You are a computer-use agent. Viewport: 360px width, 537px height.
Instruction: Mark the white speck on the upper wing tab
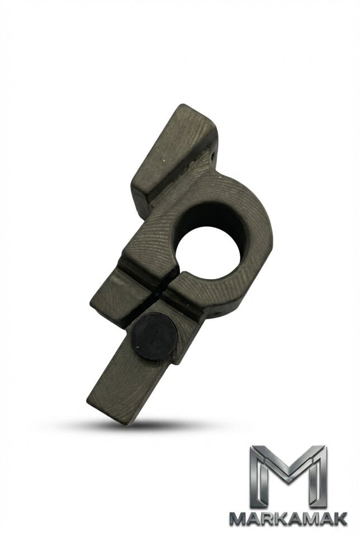(x=165, y=159)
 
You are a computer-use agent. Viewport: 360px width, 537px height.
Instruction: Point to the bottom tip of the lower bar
(x=127, y=425)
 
